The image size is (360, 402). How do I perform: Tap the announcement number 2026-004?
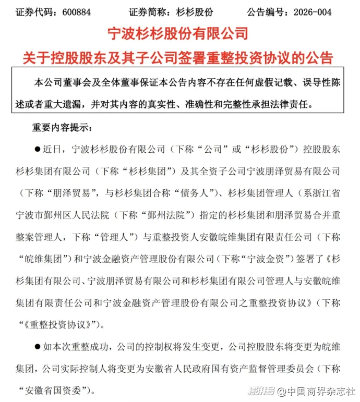(328, 11)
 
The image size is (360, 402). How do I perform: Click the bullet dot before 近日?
(37, 149)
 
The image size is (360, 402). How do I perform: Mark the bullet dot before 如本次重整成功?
(37, 346)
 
